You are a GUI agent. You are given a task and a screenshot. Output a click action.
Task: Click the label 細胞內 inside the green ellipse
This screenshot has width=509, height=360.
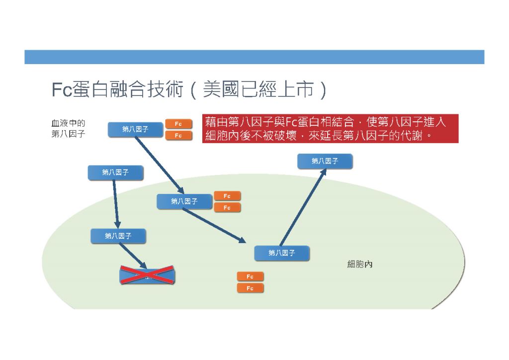tap(360, 264)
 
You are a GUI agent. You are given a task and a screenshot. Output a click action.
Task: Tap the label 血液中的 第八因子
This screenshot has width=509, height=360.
tap(68, 129)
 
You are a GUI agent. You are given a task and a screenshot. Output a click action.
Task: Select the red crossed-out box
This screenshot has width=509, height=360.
tap(147, 275)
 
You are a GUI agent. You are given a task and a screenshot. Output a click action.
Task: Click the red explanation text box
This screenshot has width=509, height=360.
tap(330, 129)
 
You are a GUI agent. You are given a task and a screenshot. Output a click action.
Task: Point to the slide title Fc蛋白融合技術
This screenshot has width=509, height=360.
tap(117, 90)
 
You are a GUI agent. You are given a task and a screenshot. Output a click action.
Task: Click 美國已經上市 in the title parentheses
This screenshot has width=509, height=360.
tap(258, 90)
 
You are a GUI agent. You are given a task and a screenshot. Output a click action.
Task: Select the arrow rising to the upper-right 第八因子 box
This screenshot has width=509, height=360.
tap(303, 207)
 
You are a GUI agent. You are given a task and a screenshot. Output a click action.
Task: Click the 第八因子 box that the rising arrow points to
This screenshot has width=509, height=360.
tap(325, 161)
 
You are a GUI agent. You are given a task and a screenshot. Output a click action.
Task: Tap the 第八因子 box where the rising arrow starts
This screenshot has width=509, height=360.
tap(282, 253)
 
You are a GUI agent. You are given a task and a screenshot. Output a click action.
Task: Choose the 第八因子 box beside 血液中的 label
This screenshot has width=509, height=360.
tap(135, 129)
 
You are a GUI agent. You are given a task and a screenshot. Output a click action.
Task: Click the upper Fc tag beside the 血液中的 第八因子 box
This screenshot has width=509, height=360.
tap(178, 124)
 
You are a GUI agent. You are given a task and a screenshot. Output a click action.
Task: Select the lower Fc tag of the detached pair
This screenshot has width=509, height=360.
tap(251, 288)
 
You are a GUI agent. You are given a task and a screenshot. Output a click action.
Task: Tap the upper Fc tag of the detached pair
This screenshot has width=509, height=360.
tap(251, 276)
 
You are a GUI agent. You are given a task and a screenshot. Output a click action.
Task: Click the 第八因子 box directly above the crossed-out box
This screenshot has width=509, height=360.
tap(118, 236)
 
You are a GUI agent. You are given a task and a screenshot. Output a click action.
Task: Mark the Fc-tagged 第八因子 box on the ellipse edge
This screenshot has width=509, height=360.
tap(184, 201)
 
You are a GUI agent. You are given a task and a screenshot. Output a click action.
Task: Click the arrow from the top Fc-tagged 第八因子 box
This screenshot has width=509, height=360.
tap(160, 165)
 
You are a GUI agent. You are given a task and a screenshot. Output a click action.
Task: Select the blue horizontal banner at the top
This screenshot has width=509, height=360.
tap(254, 57)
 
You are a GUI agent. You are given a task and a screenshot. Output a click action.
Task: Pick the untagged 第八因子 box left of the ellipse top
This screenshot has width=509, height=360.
tap(115, 173)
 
